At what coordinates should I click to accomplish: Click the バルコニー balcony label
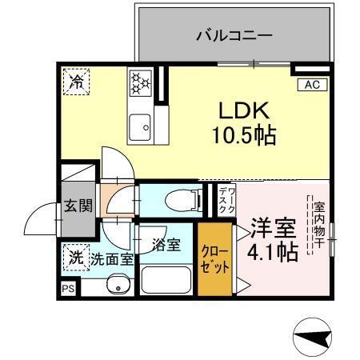click(x=234, y=36)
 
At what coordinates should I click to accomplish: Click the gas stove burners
click(x=141, y=82)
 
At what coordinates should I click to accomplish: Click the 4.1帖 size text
click(x=273, y=251)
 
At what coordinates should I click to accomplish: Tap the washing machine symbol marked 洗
click(x=74, y=257)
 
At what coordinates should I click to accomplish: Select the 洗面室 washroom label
click(x=111, y=258)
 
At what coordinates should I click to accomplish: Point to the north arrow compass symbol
click(x=314, y=336)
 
